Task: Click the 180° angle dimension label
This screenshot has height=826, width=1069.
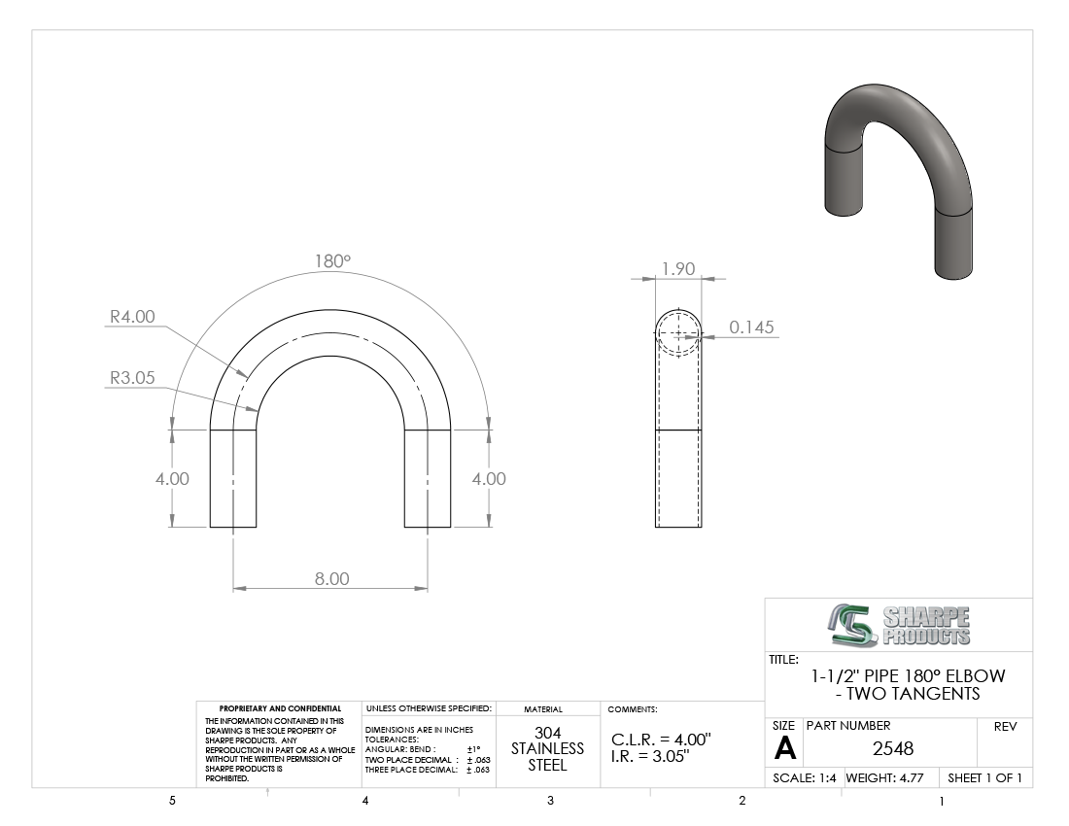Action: [x=332, y=261]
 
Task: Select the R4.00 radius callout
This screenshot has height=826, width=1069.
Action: [x=132, y=316]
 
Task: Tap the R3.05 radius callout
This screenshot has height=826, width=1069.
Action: [x=132, y=378]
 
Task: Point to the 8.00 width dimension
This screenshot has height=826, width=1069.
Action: [x=332, y=578]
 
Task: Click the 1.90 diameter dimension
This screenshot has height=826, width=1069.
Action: [x=678, y=268]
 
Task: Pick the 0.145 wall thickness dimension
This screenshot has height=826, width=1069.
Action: [x=751, y=327]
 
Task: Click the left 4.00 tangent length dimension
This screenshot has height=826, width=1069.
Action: [x=172, y=478]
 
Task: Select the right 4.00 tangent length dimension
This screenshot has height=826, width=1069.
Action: [x=489, y=478]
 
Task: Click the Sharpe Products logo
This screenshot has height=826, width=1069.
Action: [x=899, y=625]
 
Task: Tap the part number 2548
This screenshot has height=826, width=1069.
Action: [x=892, y=749]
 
